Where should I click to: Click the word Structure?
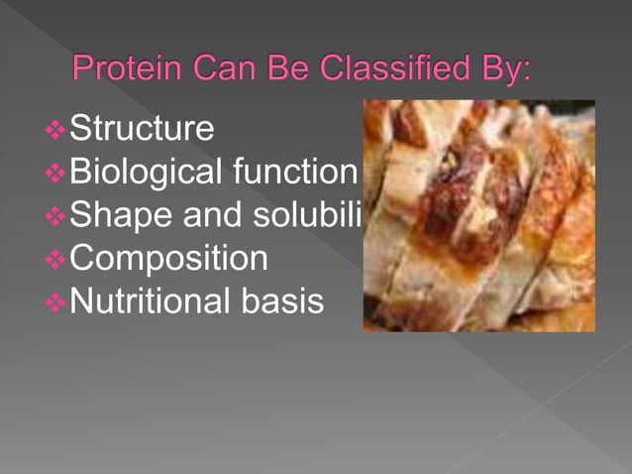coord(142,129)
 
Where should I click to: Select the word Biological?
coord(145,173)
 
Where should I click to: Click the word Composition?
coord(169,259)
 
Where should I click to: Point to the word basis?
coord(282,301)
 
